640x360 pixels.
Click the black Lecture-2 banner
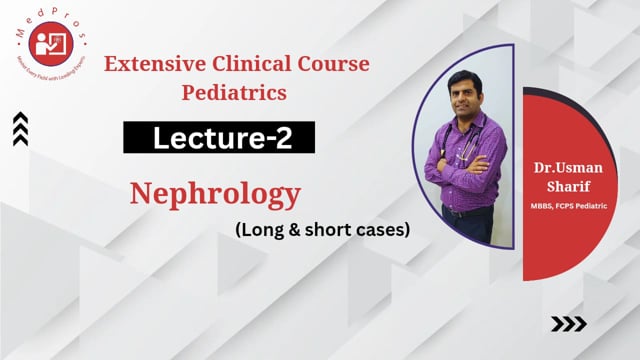click(x=219, y=138)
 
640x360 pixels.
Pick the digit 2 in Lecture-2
click(x=286, y=138)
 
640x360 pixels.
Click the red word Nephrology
click(x=216, y=194)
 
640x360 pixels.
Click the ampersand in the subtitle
click(x=286, y=229)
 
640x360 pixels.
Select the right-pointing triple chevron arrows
click(x=569, y=323)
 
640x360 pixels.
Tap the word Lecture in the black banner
click(x=198, y=138)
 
